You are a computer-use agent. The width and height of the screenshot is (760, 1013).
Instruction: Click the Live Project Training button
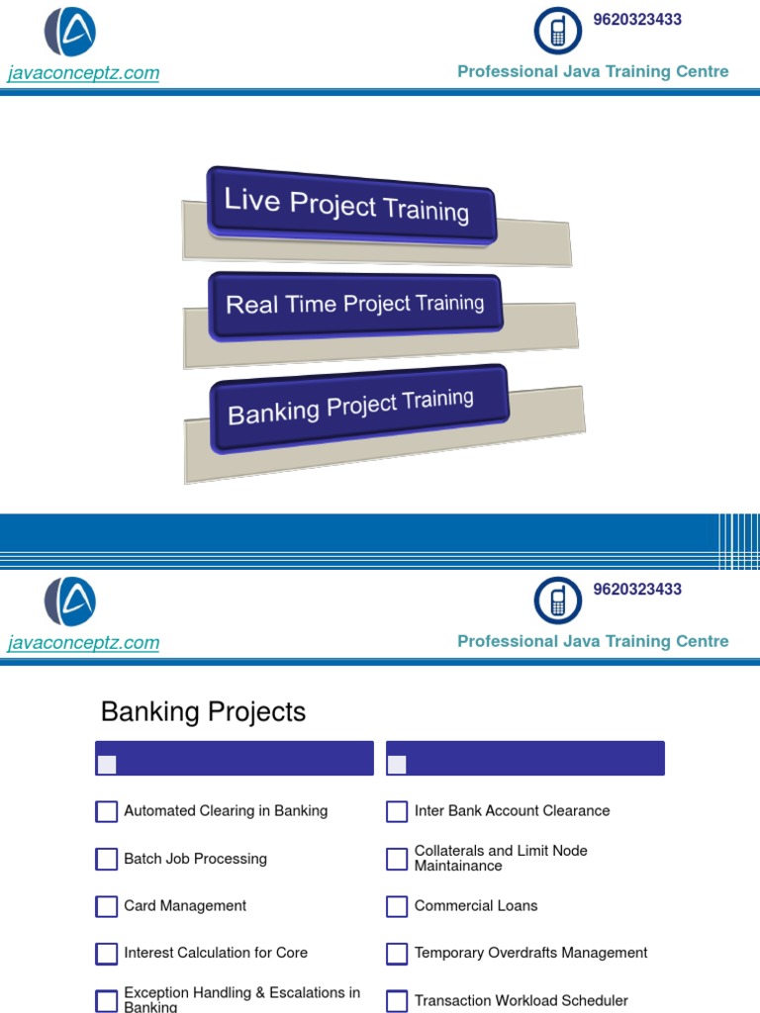click(349, 205)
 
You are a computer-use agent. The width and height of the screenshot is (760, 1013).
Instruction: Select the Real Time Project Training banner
click(354, 305)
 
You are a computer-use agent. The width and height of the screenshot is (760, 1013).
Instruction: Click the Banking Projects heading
click(203, 712)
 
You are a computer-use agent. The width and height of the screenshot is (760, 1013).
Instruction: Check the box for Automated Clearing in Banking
click(107, 811)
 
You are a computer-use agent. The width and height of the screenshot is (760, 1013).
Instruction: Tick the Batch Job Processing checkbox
click(107, 859)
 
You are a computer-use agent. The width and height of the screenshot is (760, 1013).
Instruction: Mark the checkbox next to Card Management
click(107, 906)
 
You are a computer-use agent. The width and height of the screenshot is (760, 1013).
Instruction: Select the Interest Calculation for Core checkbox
click(107, 954)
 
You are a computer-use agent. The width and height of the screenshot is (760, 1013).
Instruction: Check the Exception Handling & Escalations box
click(107, 1000)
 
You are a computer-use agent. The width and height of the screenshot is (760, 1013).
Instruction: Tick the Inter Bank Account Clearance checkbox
click(397, 811)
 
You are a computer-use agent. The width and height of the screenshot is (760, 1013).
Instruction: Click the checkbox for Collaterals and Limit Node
click(397, 859)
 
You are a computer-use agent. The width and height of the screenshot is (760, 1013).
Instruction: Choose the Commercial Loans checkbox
click(397, 906)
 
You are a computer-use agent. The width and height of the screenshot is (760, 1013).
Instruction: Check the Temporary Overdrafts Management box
click(397, 954)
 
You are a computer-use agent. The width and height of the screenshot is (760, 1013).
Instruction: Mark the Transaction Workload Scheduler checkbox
click(397, 1001)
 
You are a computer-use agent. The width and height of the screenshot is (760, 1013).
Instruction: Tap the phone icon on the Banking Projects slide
click(558, 600)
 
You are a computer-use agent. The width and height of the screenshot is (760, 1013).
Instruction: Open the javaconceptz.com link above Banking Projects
click(83, 643)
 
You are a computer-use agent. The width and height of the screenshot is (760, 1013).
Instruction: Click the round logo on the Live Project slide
click(70, 32)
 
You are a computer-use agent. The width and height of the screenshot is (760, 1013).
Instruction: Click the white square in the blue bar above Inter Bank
click(397, 764)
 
